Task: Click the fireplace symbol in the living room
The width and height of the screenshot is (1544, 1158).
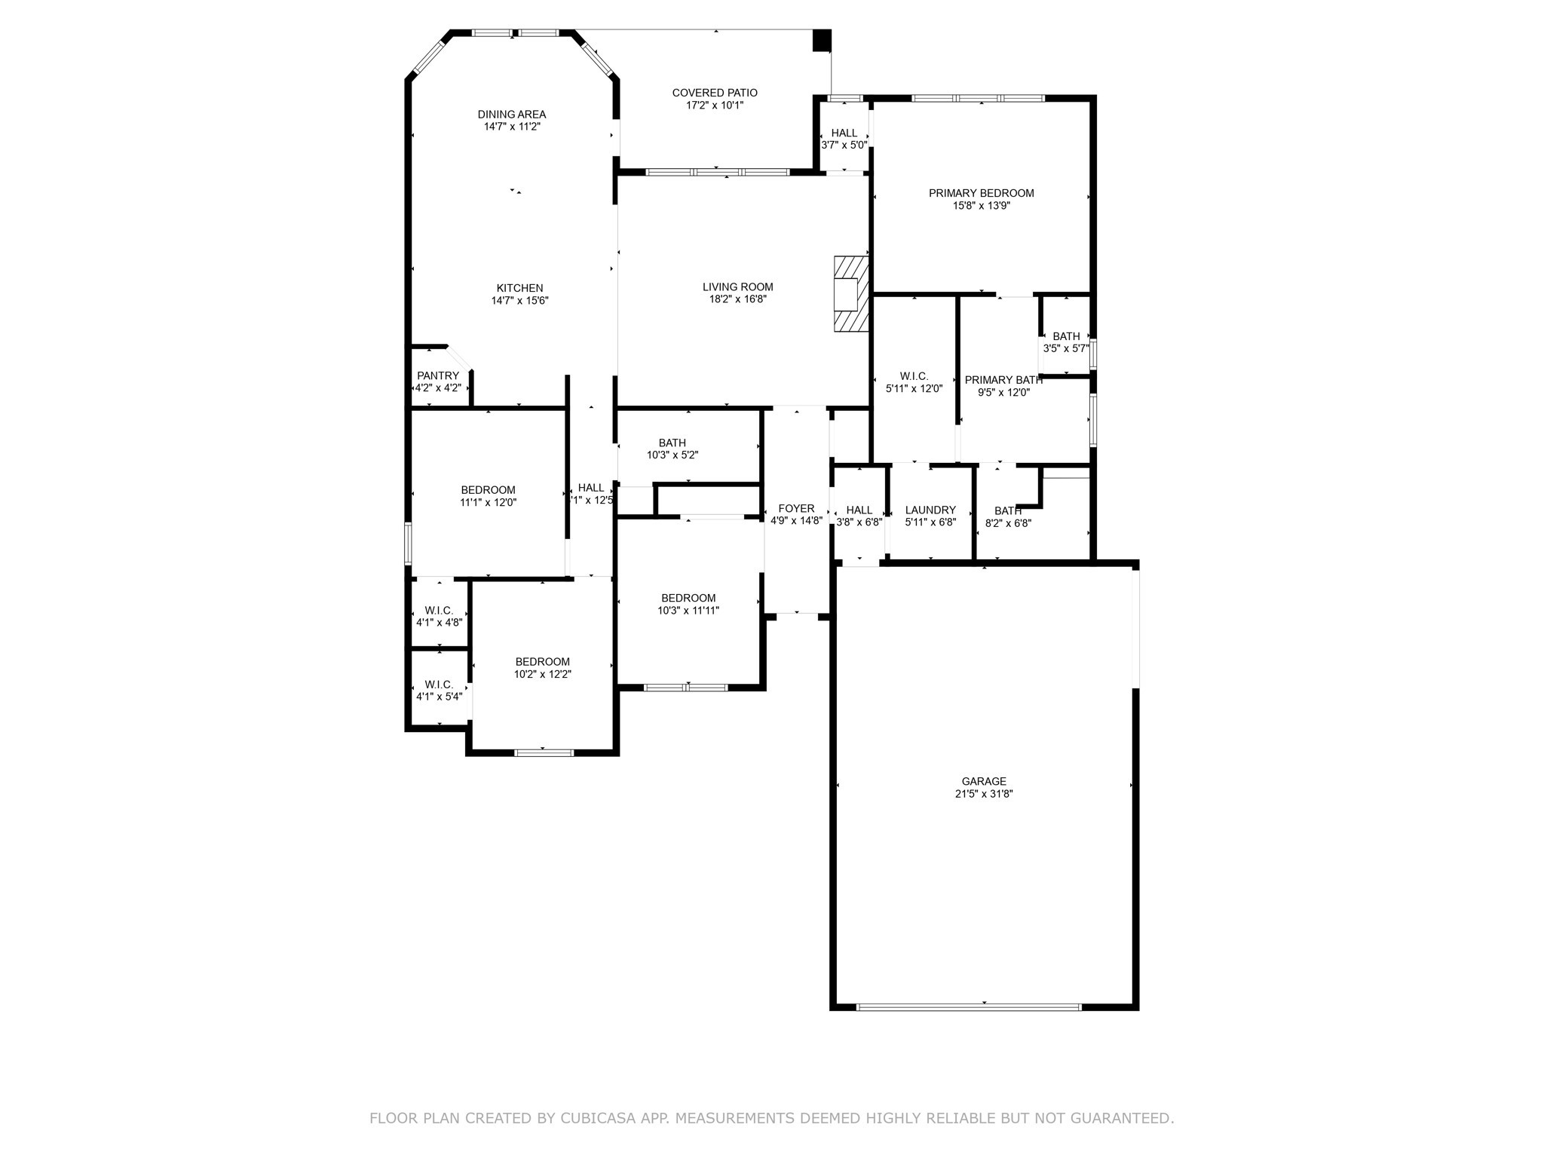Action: tap(850, 294)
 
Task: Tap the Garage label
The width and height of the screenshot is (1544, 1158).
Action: tap(984, 781)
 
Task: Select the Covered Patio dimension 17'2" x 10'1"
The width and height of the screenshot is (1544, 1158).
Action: tap(715, 106)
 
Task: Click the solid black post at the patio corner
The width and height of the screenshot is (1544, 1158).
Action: tap(822, 40)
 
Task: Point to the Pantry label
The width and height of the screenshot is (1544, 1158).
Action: tap(438, 375)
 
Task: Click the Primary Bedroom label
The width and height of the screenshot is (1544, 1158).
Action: tap(981, 193)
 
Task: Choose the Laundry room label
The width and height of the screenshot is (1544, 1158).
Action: tap(930, 510)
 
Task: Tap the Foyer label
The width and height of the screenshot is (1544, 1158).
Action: tap(796, 508)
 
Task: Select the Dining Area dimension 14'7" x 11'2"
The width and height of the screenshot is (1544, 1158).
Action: tap(512, 127)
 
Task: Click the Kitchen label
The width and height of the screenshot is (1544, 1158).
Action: tap(519, 288)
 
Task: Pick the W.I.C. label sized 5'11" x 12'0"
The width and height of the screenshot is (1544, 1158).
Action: tap(914, 376)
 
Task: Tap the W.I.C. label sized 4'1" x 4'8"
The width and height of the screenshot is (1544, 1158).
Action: tap(439, 610)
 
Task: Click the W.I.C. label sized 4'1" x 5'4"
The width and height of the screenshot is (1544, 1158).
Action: tap(439, 684)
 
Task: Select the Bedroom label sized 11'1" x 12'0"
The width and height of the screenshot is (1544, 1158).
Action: tap(489, 490)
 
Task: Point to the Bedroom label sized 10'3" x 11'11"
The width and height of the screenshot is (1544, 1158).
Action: tap(688, 598)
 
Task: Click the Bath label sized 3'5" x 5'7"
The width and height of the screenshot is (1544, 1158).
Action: tap(1066, 336)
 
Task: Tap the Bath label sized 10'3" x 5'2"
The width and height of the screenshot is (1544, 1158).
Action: tap(672, 443)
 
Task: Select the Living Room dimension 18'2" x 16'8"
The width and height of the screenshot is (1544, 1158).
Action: tap(737, 299)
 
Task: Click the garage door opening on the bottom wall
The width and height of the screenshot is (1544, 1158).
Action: tap(970, 1007)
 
